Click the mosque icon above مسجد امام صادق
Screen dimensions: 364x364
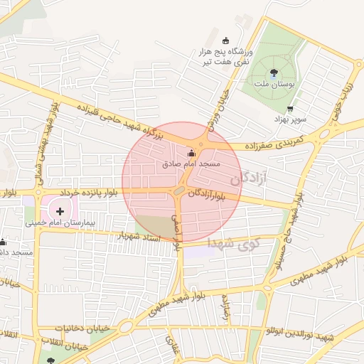point(190,153)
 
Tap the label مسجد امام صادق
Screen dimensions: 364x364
point(190,164)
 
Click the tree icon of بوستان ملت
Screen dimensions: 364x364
point(274,72)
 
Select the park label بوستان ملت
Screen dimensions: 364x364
point(274,84)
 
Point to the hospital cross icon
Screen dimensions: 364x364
point(60,211)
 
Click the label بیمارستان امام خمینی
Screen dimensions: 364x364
point(60,223)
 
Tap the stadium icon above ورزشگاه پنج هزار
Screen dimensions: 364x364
point(226,40)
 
